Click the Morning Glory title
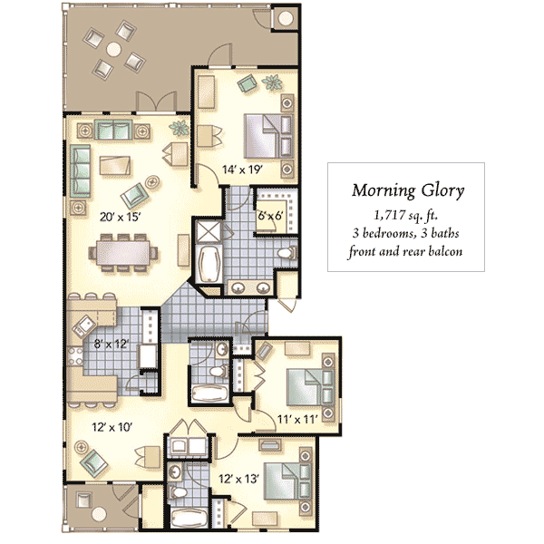(408, 190)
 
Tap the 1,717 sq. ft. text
(405, 216)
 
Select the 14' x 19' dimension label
(242, 170)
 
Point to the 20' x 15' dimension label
(120, 218)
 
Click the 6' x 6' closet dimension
(270, 216)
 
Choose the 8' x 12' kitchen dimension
(112, 345)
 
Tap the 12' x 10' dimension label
(112, 427)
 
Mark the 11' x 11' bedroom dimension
(297, 420)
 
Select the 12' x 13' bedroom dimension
(238, 479)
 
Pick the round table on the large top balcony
(114, 49)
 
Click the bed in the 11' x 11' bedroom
(310, 387)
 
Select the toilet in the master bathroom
(287, 253)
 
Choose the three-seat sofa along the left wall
(80, 171)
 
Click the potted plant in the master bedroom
(272, 83)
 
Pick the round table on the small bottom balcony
(99, 514)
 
